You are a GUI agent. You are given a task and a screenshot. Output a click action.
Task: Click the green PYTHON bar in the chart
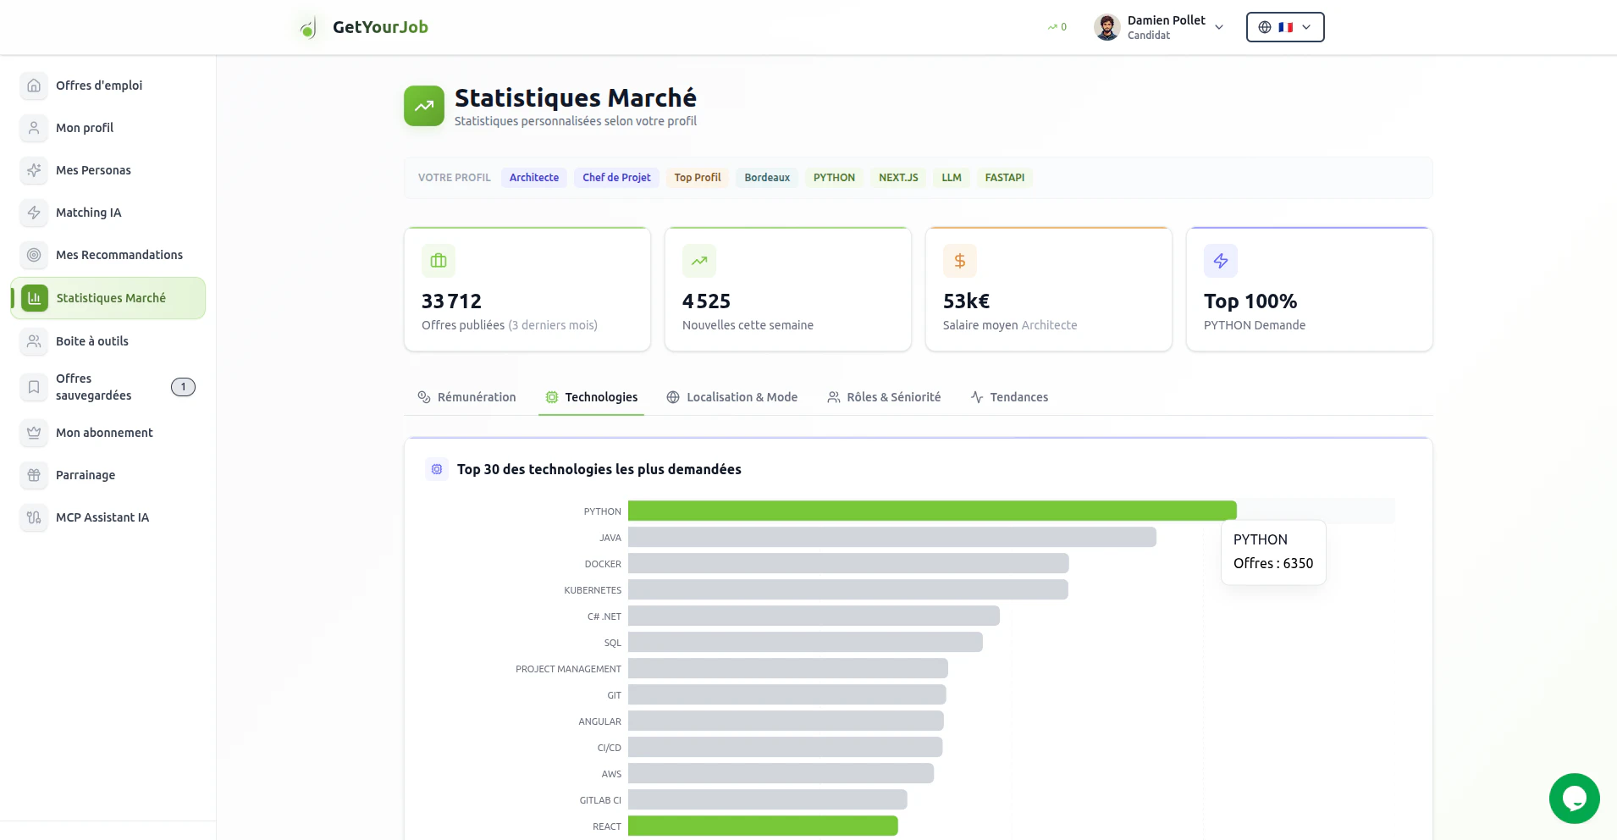tap(931, 511)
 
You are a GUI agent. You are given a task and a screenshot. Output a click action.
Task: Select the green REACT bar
tap(762, 826)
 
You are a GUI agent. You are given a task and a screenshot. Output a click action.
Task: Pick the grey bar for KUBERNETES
tap(847, 589)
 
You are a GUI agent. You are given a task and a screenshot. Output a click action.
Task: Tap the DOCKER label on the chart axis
tap(602, 564)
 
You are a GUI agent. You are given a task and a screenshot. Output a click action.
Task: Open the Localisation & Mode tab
tap(732, 397)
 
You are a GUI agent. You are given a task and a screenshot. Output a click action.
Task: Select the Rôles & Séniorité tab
tap(884, 397)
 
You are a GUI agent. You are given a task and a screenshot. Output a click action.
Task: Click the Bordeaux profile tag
tap(766, 178)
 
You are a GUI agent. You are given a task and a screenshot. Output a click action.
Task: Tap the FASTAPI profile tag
tap(1004, 178)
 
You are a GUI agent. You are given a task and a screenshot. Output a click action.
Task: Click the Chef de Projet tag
tap(616, 178)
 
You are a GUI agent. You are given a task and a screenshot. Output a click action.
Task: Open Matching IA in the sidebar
tap(88, 213)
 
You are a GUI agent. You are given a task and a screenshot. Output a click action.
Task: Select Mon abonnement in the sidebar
tap(104, 433)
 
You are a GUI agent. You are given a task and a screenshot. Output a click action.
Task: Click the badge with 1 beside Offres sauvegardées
tap(183, 387)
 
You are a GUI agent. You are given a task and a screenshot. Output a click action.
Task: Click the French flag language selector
tap(1284, 27)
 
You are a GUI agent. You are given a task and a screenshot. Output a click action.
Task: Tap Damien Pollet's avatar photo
tap(1107, 27)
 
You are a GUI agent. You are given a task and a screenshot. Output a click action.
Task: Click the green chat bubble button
tap(1574, 798)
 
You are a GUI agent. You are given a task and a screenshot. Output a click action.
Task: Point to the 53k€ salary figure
tap(966, 301)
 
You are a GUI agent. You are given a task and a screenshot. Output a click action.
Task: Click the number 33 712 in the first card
tap(451, 301)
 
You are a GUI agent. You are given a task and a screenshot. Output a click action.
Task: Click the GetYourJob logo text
tap(380, 27)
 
